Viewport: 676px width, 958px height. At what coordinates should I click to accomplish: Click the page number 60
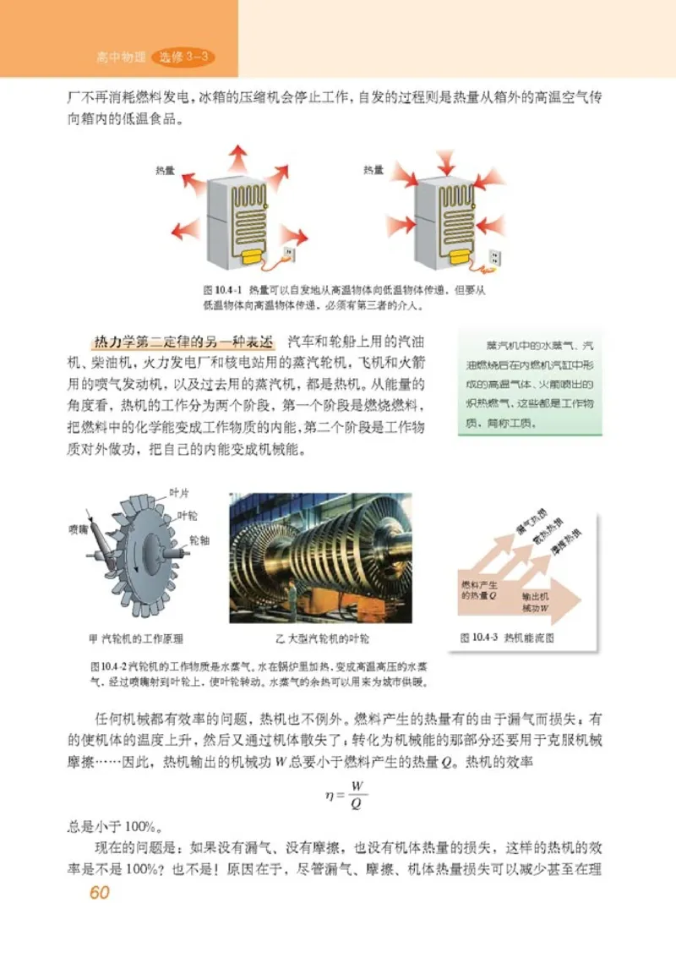100,895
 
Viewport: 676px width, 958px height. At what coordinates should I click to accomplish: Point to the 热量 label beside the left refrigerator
166,170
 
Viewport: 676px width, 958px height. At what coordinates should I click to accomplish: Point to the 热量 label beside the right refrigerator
373,170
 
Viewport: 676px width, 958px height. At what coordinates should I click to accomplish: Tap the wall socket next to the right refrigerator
496,255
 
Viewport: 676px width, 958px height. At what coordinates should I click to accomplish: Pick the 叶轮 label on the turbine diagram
188,515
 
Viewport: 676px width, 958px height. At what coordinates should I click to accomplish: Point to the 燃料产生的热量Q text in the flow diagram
479,589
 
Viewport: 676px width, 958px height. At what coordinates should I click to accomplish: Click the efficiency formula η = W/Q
346,796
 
